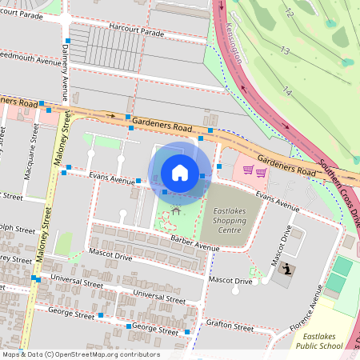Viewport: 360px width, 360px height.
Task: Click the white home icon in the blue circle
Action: click(x=180, y=173)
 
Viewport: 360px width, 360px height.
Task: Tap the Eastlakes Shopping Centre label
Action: click(x=230, y=220)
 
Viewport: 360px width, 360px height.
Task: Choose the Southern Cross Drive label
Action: click(x=342, y=184)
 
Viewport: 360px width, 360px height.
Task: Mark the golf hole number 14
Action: click(x=286, y=92)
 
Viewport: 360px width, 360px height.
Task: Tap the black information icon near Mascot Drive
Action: click(x=287, y=270)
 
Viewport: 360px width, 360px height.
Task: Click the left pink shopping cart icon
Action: click(x=249, y=170)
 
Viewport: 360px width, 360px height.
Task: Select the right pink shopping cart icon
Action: click(x=261, y=171)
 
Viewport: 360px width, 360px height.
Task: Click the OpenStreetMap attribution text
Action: click(x=80, y=354)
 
